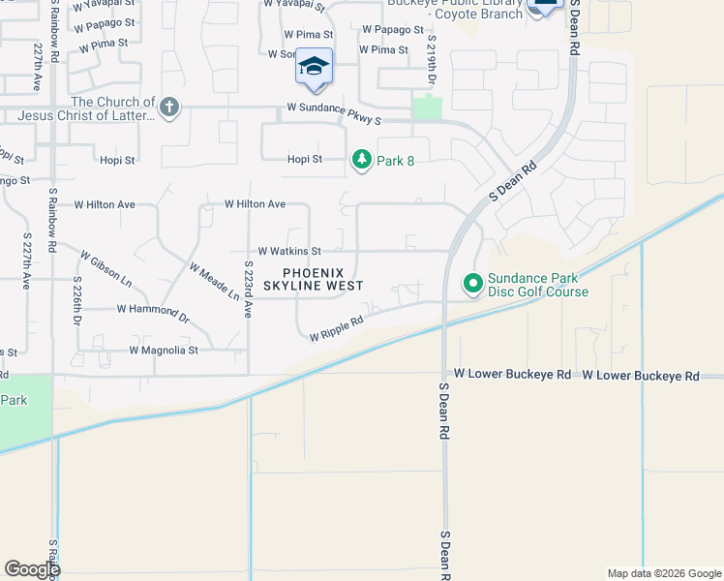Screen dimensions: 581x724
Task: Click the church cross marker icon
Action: pyautogui.click(x=169, y=107)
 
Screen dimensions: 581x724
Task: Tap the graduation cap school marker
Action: pyautogui.click(x=314, y=66)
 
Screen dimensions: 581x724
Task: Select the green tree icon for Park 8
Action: pyautogui.click(x=362, y=160)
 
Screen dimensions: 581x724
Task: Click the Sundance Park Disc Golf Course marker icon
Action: pyautogui.click(x=473, y=284)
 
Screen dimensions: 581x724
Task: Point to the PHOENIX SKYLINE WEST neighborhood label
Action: pyautogui.click(x=307, y=280)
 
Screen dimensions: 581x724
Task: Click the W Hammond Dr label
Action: pyautogui.click(x=153, y=311)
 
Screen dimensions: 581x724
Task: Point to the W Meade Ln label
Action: pyautogui.click(x=214, y=281)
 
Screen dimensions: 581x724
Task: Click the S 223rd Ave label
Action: pyautogui.click(x=248, y=290)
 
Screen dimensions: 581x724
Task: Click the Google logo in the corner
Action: pyautogui.click(x=32, y=569)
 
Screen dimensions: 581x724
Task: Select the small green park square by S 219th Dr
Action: pyautogui.click(x=426, y=107)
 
